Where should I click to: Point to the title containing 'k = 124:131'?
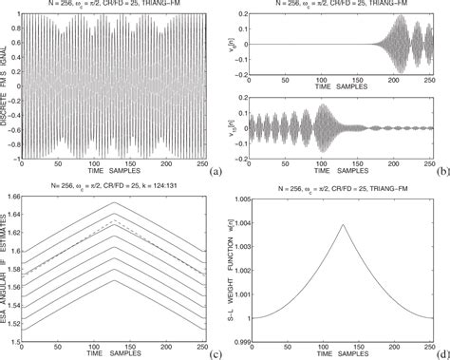point(116,183)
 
